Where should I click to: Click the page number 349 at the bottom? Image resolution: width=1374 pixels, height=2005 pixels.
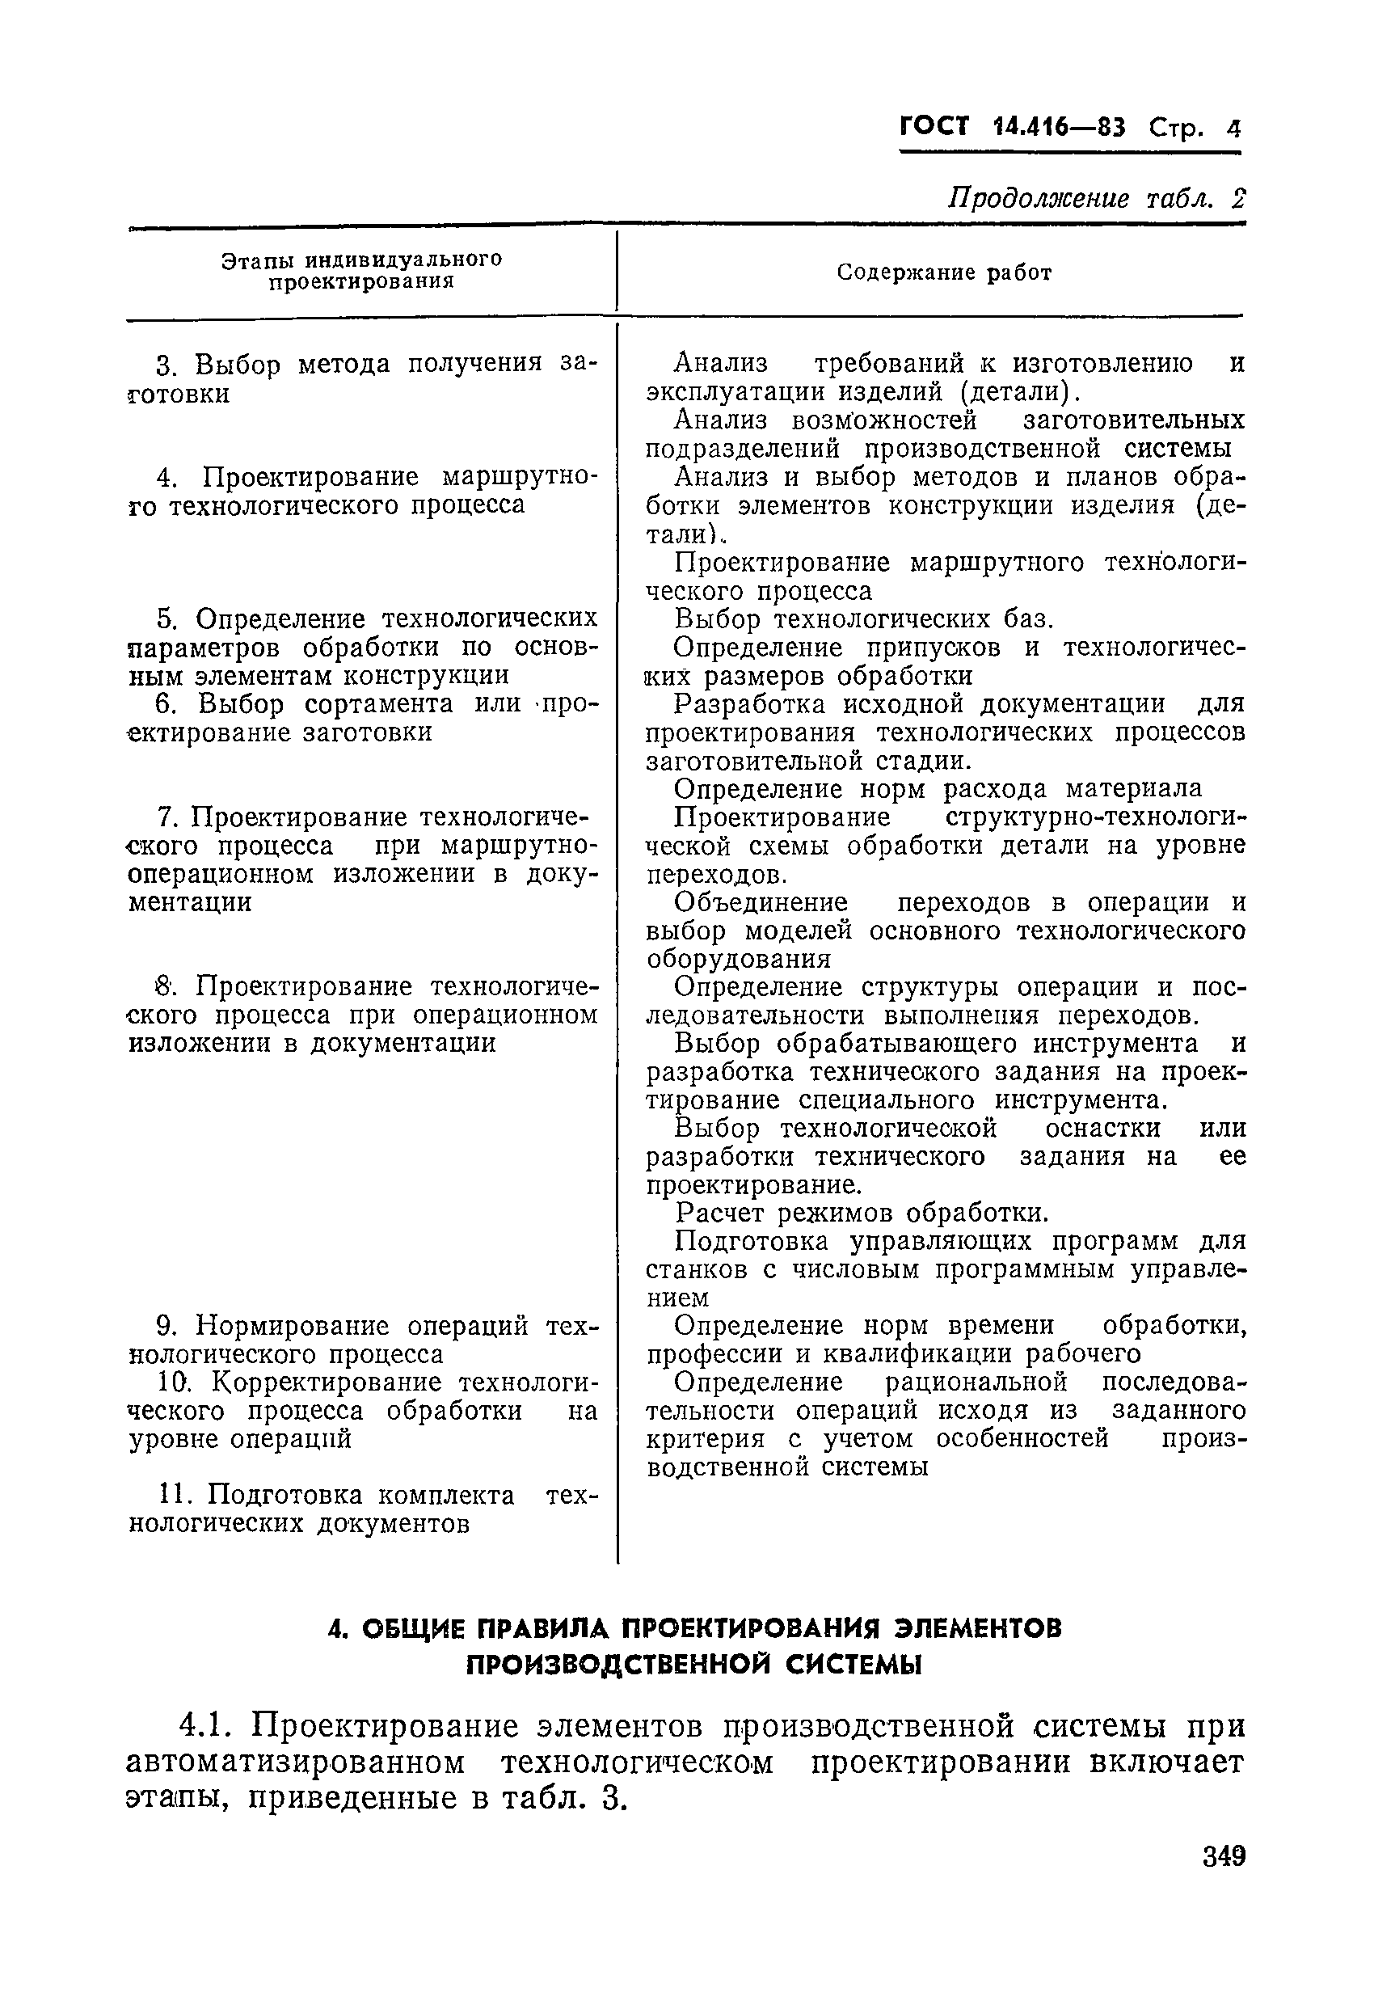[1224, 1880]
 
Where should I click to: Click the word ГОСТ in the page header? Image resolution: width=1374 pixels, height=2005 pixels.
[935, 128]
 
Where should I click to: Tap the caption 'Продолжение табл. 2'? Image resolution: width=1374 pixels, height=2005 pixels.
[1096, 200]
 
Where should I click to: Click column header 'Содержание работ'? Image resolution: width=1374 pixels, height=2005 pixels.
[945, 273]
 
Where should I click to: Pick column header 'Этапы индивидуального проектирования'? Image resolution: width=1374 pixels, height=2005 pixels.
[362, 271]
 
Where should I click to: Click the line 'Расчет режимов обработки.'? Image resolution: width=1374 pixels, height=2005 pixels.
[862, 1214]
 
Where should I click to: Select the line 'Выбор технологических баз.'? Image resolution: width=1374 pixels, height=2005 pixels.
[864, 619]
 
